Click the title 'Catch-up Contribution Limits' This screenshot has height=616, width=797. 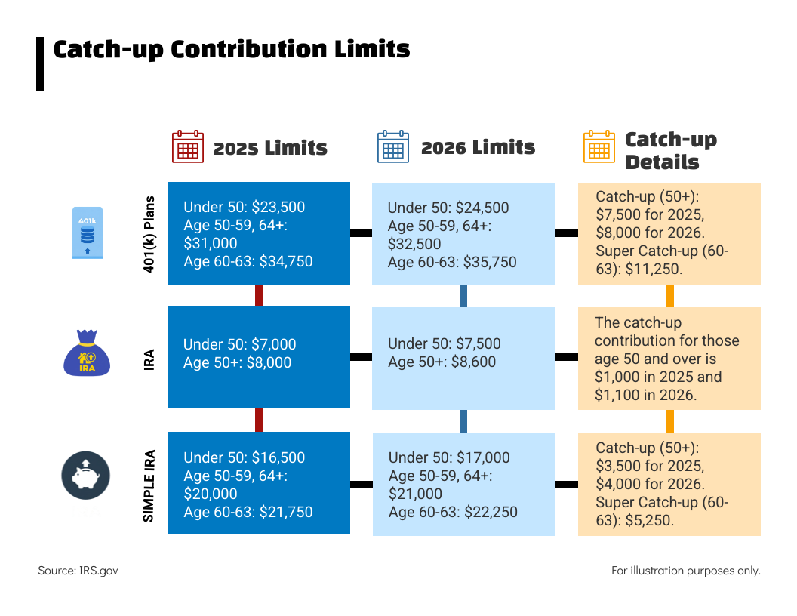pos(232,50)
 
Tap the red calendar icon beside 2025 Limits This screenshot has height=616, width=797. pos(187,146)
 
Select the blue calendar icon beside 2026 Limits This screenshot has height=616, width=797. pos(392,146)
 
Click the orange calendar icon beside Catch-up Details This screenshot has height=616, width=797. pos(599,146)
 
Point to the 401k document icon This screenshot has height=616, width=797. pos(87,233)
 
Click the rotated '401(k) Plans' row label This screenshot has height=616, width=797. pos(149,233)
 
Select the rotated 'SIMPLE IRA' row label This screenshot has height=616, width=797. pos(149,485)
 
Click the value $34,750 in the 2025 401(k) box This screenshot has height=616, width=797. pos(285,261)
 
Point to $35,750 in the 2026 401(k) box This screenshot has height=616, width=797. pos(490,262)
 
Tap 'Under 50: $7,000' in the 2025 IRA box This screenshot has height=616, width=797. pos(239,344)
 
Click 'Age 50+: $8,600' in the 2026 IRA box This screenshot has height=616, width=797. pos(442,362)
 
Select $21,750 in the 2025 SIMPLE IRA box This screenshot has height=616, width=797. pos(285,512)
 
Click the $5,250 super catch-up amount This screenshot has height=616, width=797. pos(650,519)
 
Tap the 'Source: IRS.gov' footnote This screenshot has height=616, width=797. pos(78,571)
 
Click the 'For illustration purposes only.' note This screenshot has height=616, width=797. pos(685,571)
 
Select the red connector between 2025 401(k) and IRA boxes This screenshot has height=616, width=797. pos(259,295)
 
